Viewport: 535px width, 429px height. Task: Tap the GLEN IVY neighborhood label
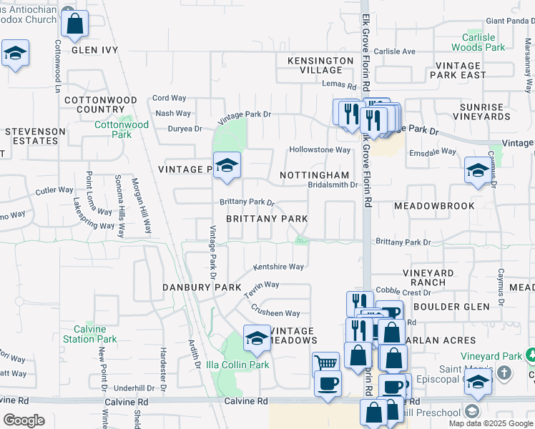tap(94, 50)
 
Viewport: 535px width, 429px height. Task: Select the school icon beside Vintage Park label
tap(227, 167)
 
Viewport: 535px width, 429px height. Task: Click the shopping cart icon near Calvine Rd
tap(325, 363)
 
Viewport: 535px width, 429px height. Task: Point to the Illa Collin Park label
tap(237, 365)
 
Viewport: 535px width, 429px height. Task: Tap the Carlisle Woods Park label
tap(478, 42)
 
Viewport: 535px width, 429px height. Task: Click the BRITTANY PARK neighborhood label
tap(267, 219)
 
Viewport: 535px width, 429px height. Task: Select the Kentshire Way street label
tap(278, 267)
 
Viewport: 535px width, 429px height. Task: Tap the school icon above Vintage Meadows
tap(257, 338)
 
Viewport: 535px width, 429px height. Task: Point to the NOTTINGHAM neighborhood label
tap(314, 175)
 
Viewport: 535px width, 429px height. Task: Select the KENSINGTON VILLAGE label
tap(320, 65)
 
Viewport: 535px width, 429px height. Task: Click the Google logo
tap(24, 420)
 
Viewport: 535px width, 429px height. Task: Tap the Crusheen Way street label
tap(275, 312)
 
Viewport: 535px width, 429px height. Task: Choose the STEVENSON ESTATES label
tap(31, 137)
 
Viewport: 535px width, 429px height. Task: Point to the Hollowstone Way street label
tap(319, 150)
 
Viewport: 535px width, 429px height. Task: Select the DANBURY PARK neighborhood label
tap(192, 287)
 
